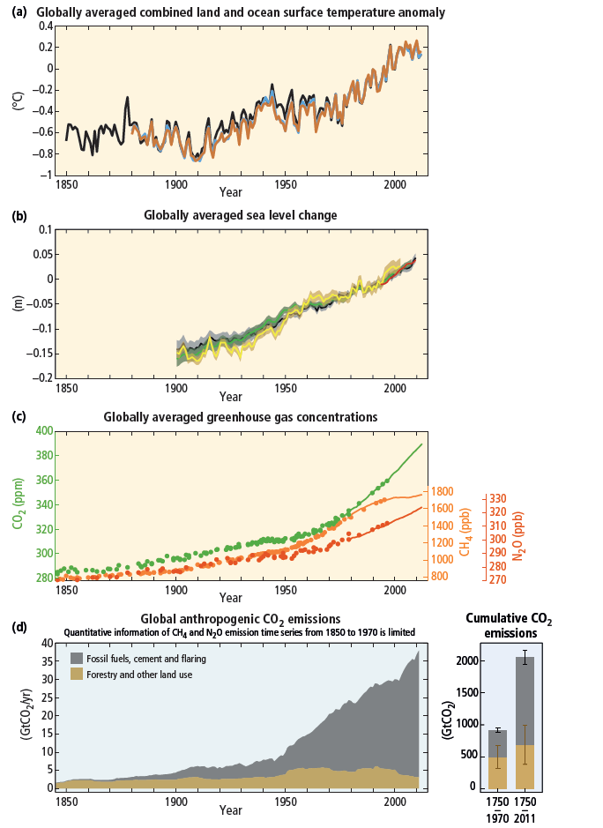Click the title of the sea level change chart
241,215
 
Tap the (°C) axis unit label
16,101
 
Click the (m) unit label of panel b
16,303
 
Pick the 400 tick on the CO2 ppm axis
42,431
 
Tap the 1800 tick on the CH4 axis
443,492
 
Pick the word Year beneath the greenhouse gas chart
231,598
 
